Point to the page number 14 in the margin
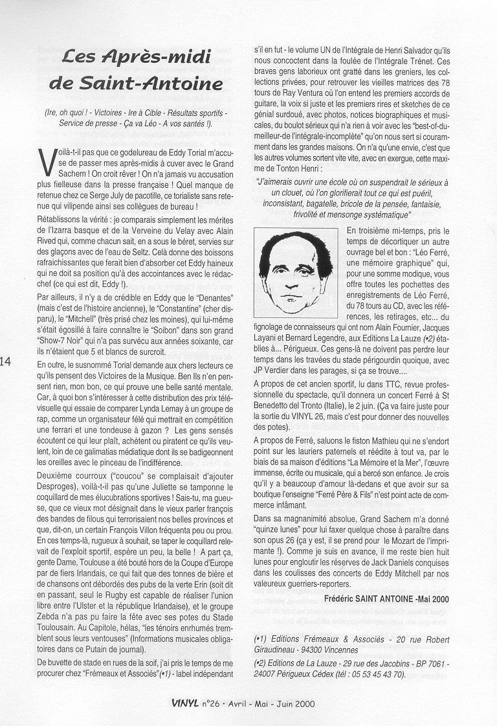pyautogui.click(x=6, y=361)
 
